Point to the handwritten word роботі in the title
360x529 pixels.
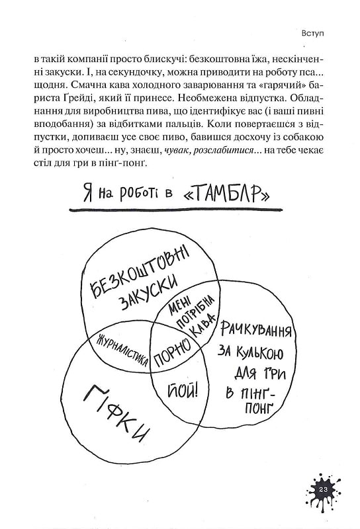click(146, 194)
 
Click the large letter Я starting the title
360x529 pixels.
click(88, 194)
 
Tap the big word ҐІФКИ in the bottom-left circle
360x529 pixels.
click(116, 414)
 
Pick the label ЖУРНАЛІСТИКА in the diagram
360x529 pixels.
click(122, 350)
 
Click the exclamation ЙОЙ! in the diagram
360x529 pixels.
click(183, 391)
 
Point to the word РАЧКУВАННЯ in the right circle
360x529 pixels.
click(256, 329)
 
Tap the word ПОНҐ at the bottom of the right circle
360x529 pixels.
click(258, 409)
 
